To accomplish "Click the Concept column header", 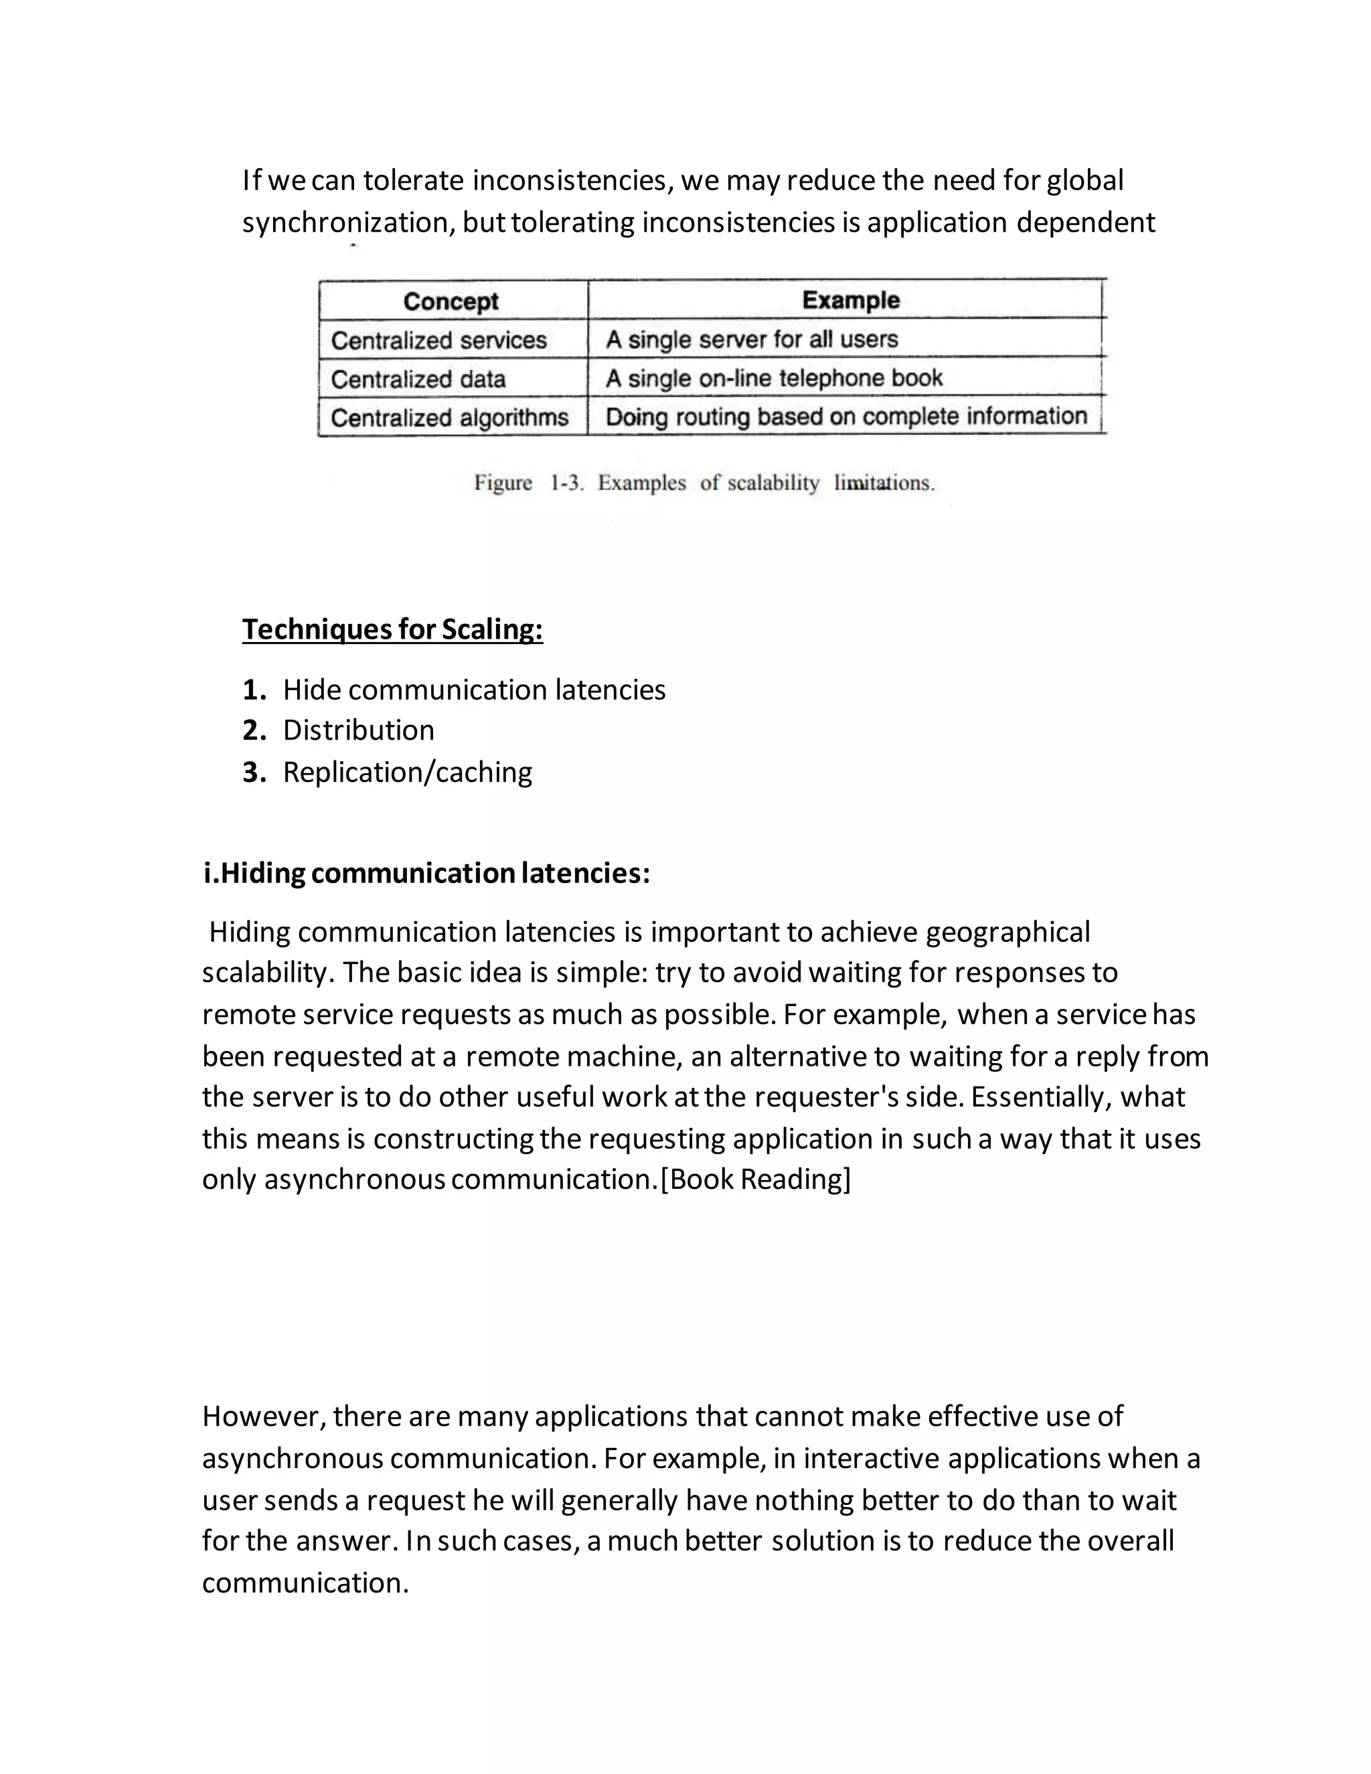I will point(451,301).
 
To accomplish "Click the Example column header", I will point(850,300).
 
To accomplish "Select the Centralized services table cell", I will point(438,340).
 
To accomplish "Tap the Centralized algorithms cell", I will point(449,418).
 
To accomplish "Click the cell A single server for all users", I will point(751,339).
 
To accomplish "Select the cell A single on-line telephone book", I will point(773,378).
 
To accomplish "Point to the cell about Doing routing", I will point(845,416).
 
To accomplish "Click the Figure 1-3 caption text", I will point(704,483).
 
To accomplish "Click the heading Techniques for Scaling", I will point(392,629).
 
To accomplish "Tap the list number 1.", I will point(254,690).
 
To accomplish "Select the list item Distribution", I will point(358,730).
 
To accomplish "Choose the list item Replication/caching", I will point(407,772).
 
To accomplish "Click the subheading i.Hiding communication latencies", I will point(426,873).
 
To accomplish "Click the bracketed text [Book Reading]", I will point(755,1179).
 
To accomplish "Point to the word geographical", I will point(1007,932).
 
